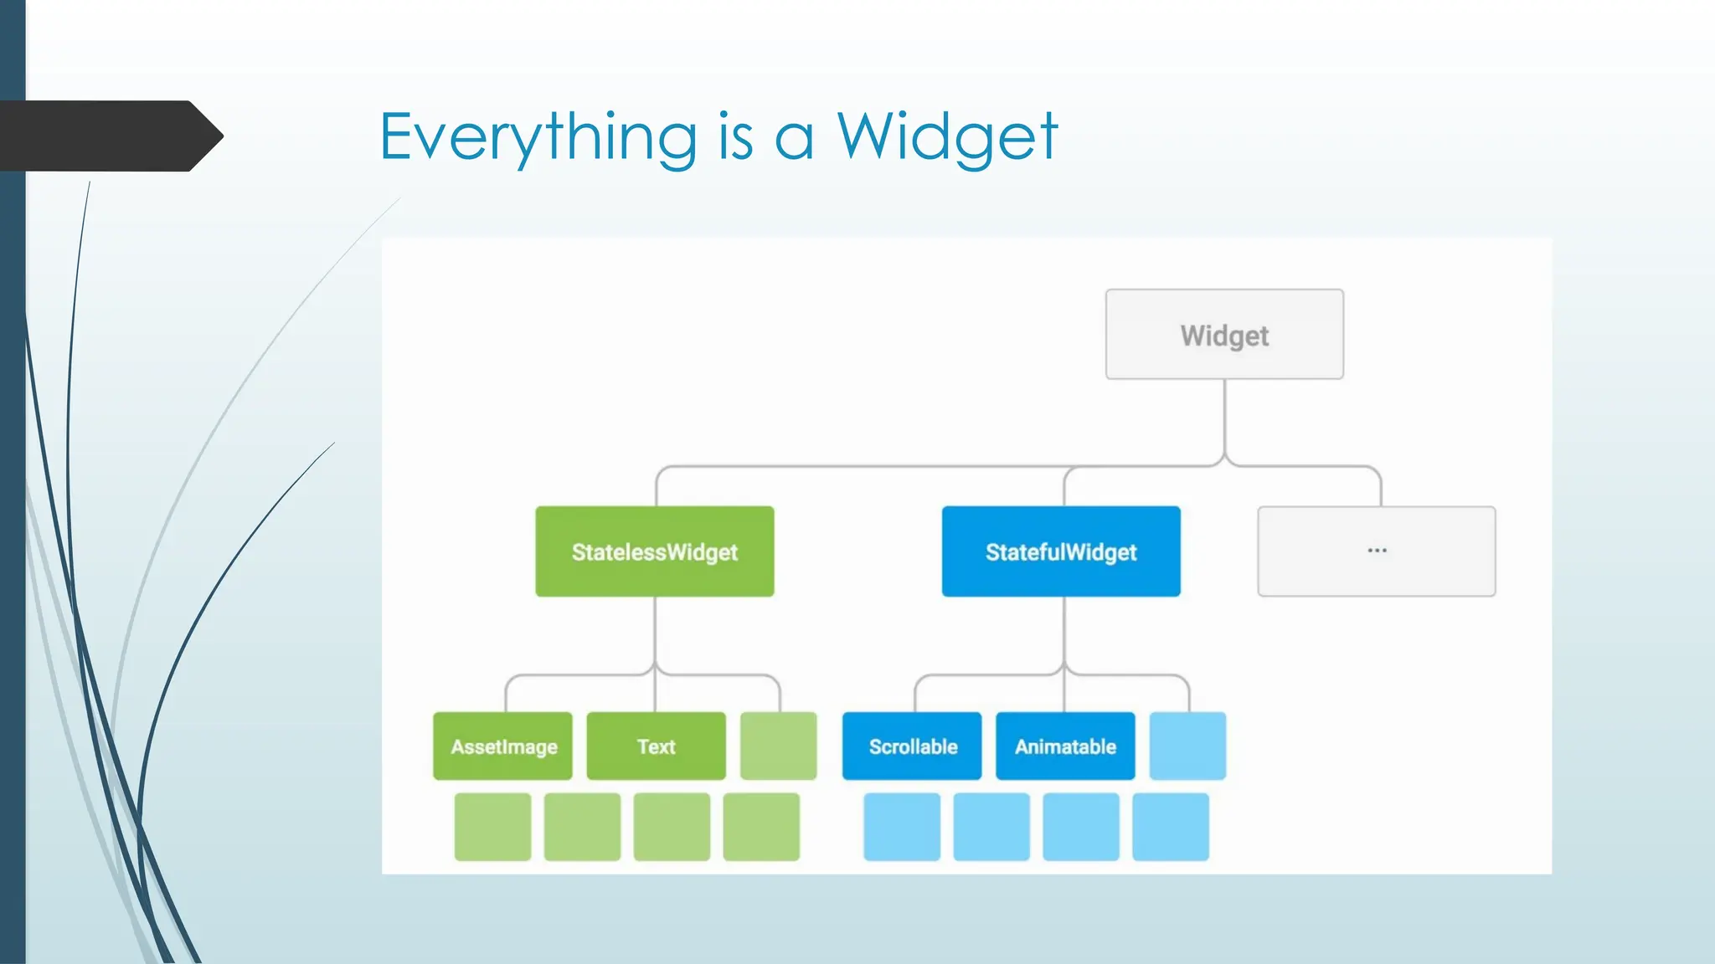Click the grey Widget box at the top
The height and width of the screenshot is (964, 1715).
tap(1224, 335)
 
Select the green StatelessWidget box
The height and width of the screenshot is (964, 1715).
tap(654, 551)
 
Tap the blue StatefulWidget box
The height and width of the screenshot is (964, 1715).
tap(1061, 551)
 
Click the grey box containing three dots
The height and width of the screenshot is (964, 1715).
tap(1376, 551)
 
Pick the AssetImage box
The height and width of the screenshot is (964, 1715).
tap(502, 746)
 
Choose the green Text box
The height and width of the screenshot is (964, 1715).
tap(656, 746)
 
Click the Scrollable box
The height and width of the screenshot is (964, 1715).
tap(912, 746)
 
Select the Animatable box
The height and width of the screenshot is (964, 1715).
tap(1065, 746)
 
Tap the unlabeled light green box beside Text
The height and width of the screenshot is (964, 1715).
tap(778, 746)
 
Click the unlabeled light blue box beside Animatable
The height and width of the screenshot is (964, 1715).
tap(1187, 746)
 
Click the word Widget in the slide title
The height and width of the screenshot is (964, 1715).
tap(947, 137)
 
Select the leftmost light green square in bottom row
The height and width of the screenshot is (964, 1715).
tap(492, 827)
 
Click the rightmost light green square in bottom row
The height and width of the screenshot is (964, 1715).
tap(761, 827)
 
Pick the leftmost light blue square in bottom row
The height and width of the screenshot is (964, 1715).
tap(902, 827)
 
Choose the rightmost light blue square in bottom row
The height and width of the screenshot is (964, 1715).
tap(1171, 827)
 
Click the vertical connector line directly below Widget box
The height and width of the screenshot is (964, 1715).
tap(1224, 418)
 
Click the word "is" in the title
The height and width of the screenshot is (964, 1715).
tap(735, 137)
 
